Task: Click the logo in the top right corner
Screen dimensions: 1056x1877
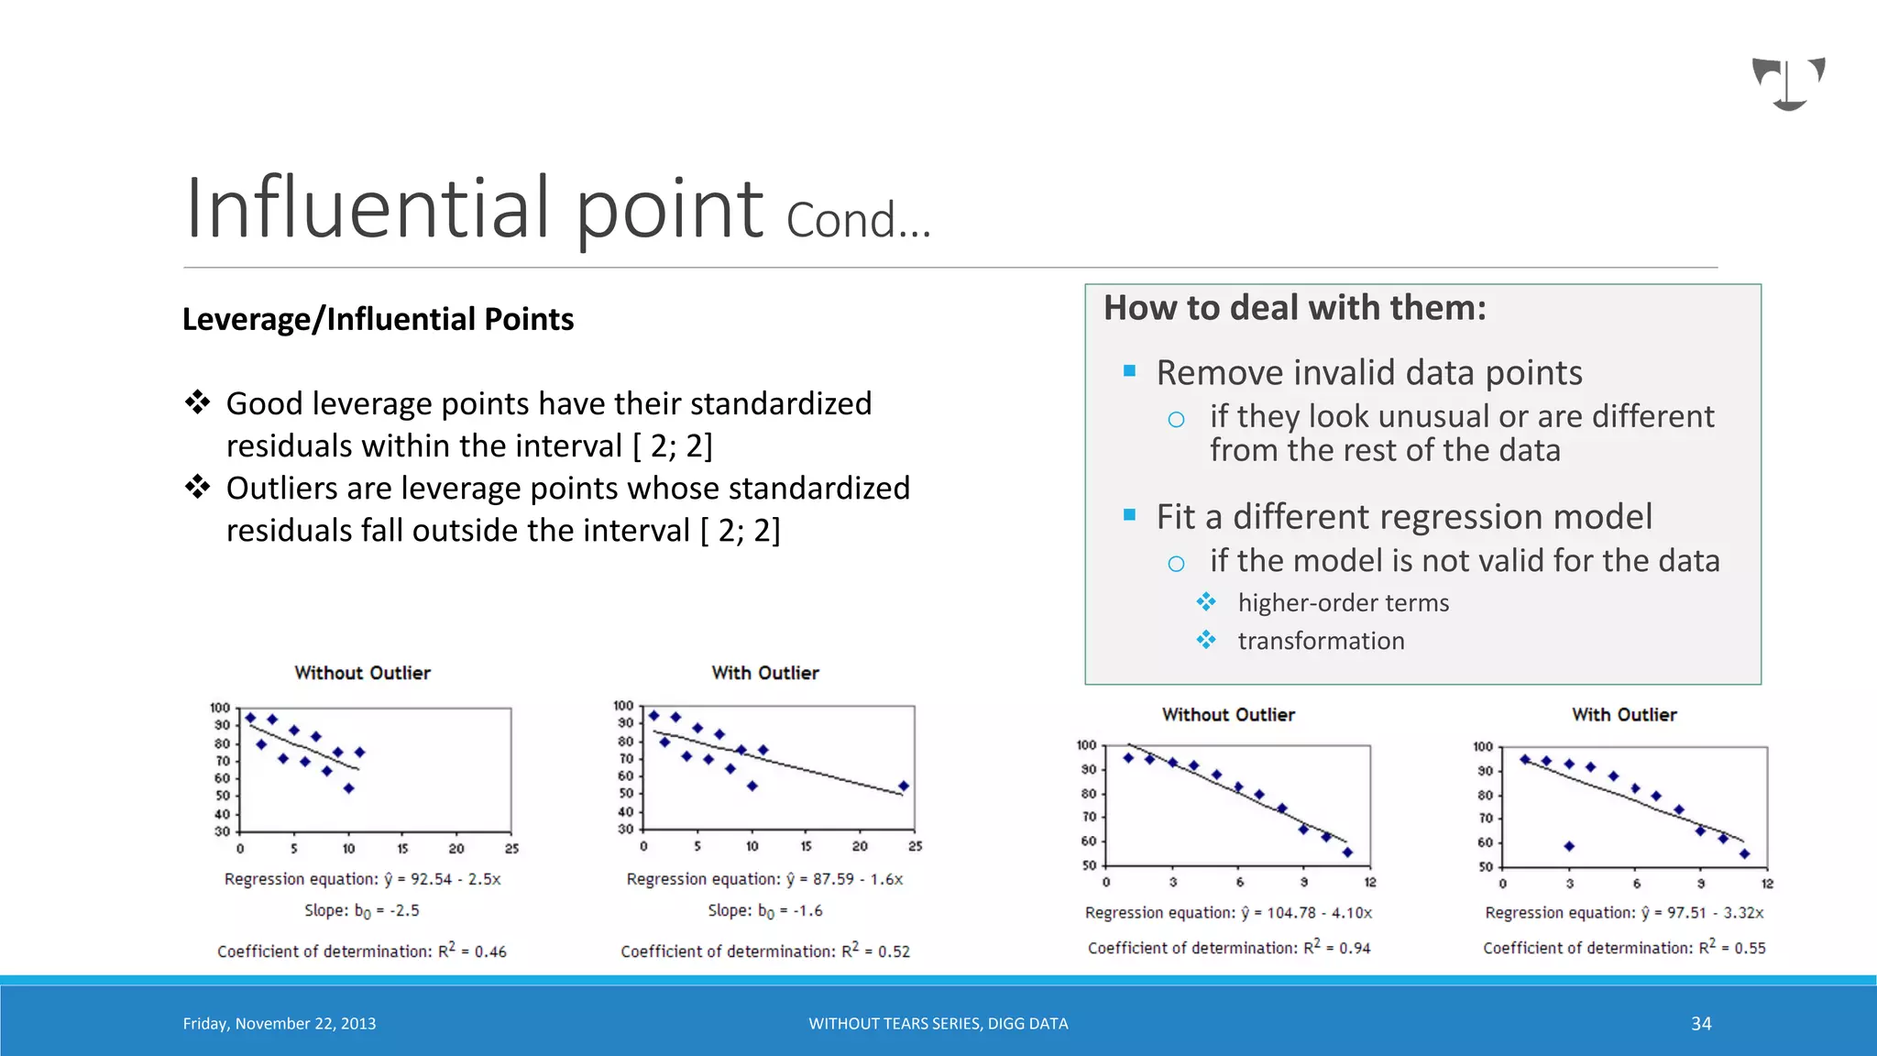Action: tap(1788, 83)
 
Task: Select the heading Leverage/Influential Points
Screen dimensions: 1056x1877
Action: tap(378, 319)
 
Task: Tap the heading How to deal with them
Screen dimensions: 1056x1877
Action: tap(1294, 308)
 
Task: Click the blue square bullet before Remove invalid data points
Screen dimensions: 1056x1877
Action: tap(1129, 371)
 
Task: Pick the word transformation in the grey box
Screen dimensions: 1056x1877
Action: tap(1321, 641)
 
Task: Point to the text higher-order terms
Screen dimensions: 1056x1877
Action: tap(1343, 603)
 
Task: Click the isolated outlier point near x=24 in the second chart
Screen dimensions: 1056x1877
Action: tap(904, 786)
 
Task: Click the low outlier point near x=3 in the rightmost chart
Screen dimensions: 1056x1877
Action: tap(1569, 846)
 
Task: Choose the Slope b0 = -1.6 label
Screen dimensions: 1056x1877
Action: tap(765, 911)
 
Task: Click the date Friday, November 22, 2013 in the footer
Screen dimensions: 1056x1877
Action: tap(280, 1024)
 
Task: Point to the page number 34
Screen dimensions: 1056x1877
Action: tap(1701, 1024)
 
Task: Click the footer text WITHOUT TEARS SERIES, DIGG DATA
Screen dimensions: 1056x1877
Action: tap(938, 1024)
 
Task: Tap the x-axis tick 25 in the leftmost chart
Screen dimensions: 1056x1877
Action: tap(511, 849)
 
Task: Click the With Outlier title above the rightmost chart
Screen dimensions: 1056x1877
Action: tap(1624, 715)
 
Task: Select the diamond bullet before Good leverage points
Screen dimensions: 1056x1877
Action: tap(197, 401)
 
